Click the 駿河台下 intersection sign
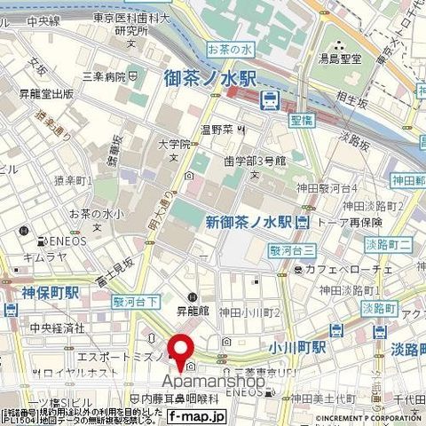[135, 301]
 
